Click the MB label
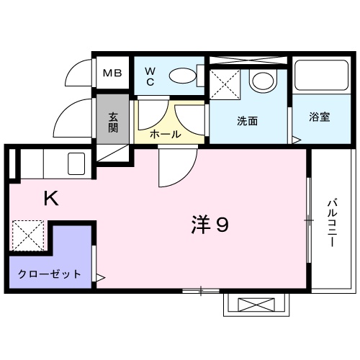click(x=112, y=73)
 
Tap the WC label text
click(x=150, y=76)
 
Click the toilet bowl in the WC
click(x=182, y=76)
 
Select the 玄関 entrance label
click(x=113, y=122)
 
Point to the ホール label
click(x=166, y=135)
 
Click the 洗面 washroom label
click(x=247, y=121)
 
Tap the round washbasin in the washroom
click(x=264, y=81)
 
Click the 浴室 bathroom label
click(x=319, y=117)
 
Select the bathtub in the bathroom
click(x=322, y=75)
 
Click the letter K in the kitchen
click(x=51, y=198)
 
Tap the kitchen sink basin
click(x=76, y=163)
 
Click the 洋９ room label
click(x=210, y=225)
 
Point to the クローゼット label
click(x=50, y=274)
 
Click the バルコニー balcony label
click(x=333, y=222)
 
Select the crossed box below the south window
click(x=256, y=305)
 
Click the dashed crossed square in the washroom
click(x=225, y=84)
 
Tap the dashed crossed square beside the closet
click(x=28, y=235)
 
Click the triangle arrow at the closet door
click(x=100, y=277)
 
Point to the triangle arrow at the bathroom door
click(x=296, y=140)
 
